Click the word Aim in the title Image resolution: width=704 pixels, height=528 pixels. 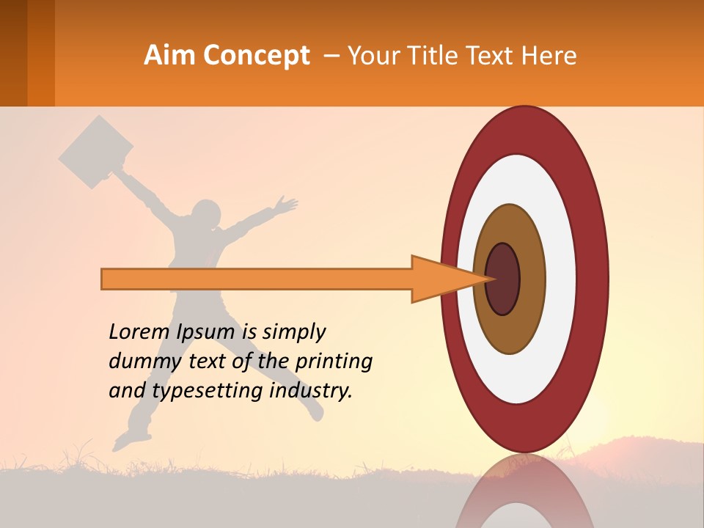[x=170, y=56]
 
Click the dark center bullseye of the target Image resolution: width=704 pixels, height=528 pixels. [x=503, y=279]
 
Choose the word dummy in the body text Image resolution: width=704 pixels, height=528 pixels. [x=140, y=362]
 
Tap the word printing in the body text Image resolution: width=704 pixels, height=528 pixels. [x=333, y=362]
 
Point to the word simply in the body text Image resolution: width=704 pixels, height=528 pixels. [x=293, y=332]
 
